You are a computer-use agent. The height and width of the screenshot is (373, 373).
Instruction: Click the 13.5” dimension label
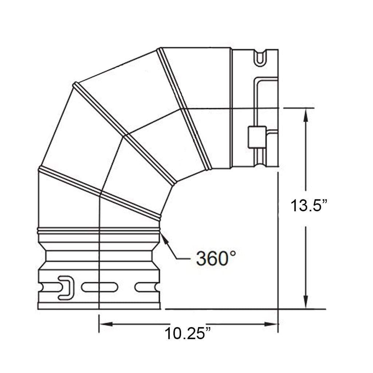tap(309, 206)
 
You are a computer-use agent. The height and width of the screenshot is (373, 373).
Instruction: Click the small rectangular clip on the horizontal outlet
tap(256, 137)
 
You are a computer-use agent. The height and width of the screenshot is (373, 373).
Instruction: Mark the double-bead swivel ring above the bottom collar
tap(99, 231)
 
